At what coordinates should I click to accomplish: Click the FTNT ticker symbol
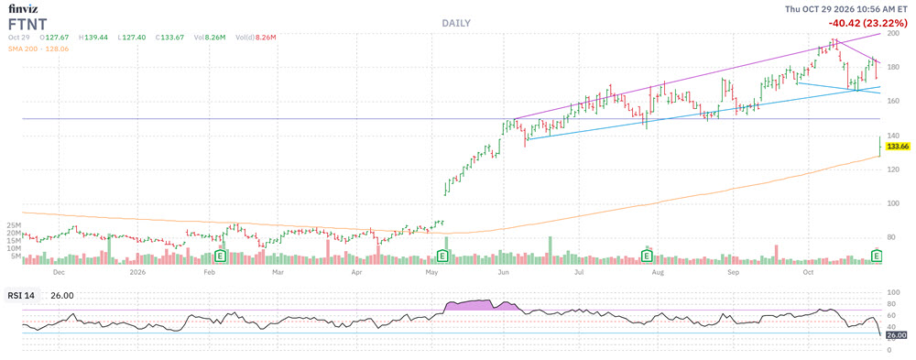[x=27, y=24]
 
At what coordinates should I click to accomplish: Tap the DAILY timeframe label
[x=456, y=24]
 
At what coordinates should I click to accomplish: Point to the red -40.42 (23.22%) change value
[x=866, y=24]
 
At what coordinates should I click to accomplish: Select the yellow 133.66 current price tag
[x=897, y=147]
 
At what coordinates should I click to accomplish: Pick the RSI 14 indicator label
[x=21, y=296]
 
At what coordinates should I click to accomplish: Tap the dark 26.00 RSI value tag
[x=897, y=335]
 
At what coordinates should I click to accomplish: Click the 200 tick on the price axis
[x=892, y=34]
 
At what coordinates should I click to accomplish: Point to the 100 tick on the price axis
[x=892, y=203]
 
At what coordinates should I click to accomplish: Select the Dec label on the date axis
[x=59, y=272]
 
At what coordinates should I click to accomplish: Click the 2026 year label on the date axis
[x=137, y=272]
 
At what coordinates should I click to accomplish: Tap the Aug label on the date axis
[x=658, y=272]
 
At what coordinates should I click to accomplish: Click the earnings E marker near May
[x=442, y=256]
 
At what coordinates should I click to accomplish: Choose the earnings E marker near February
[x=220, y=256]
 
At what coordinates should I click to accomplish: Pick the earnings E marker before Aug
[x=647, y=256]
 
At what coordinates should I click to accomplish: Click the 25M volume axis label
[x=15, y=225]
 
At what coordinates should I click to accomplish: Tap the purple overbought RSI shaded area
[x=482, y=304]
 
